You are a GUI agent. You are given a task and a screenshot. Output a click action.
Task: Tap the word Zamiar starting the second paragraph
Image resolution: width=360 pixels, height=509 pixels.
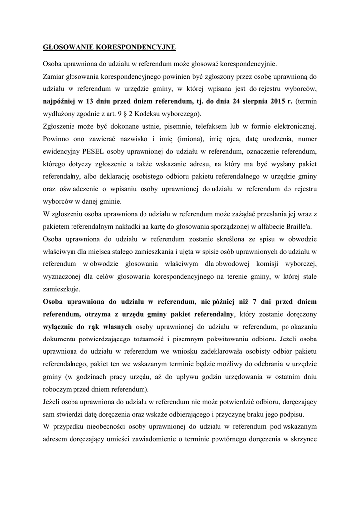(54, 77)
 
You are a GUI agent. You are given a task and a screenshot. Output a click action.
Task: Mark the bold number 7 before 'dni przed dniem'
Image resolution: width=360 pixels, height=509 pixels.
(254, 301)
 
